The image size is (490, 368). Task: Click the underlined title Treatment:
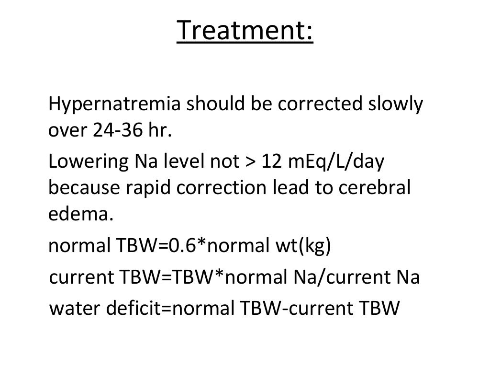click(x=245, y=31)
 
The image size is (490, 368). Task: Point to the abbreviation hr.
click(x=159, y=131)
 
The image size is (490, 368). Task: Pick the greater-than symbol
click(x=247, y=164)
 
